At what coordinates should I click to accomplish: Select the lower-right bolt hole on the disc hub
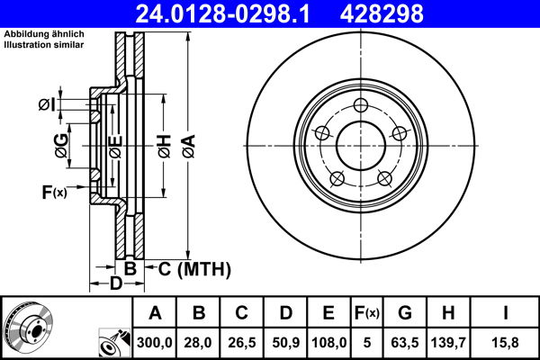coord(383,176)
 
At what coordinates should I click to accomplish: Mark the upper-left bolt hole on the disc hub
coord(321,132)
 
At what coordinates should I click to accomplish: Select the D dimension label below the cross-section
coord(115,284)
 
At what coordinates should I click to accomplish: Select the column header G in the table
coord(405,312)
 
